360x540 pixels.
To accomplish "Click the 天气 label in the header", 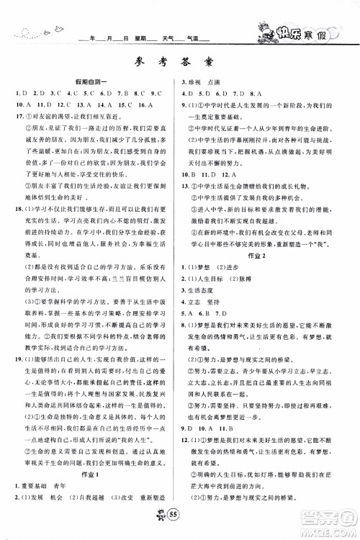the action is click(x=166, y=37).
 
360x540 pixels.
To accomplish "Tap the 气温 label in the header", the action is click(x=192, y=37).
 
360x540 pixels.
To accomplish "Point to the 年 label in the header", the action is click(x=92, y=37).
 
